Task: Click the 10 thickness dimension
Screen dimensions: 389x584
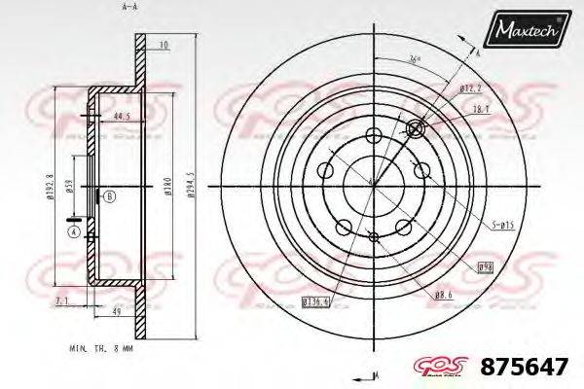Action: click(x=164, y=45)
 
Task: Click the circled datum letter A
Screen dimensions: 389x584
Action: click(x=72, y=231)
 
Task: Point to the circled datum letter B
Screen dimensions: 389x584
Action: click(x=109, y=197)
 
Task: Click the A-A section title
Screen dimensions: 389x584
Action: click(x=128, y=7)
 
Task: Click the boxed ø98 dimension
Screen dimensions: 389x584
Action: click(x=485, y=265)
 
